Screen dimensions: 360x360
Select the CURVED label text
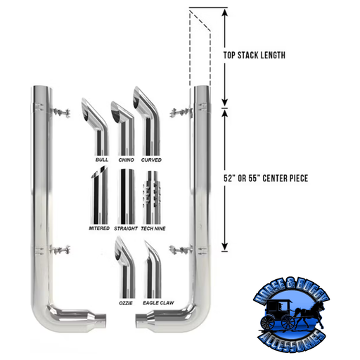coord(151,160)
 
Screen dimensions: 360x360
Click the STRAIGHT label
coord(126,229)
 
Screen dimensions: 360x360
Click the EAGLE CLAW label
coord(157,303)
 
